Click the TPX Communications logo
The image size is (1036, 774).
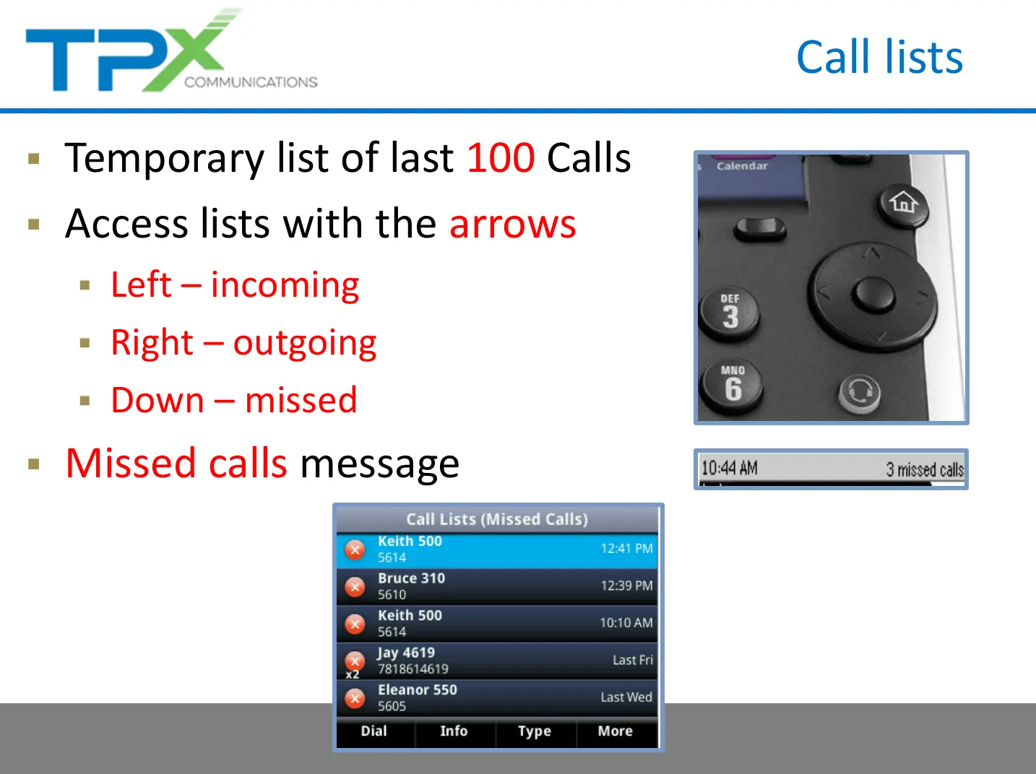[171, 50]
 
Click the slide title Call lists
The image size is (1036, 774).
[879, 57]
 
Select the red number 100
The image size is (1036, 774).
[501, 157]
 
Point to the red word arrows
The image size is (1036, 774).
[512, 224]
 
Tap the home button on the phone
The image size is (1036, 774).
[903, 204]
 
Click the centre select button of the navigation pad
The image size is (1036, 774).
[873, 295]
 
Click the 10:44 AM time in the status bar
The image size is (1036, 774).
[729, 469]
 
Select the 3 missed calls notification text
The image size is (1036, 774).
[925, 469]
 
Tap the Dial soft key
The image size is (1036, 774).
[374, 731]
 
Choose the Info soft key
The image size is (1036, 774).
[454, 731]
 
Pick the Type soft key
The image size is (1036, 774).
[535, 731]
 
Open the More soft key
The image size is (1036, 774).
[615, 731]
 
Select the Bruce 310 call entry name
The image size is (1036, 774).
[411, 578]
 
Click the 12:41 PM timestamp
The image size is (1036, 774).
[626, 549]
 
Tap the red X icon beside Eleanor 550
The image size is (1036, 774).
[355, 698]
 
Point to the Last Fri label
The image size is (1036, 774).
[632, 660]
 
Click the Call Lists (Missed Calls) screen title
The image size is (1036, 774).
[497, 519]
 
